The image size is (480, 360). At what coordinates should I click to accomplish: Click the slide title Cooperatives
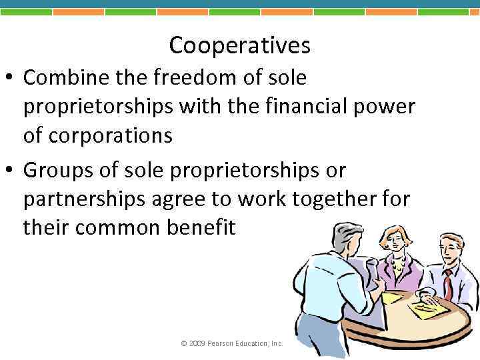coord(240,45)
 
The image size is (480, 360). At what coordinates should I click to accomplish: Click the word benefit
coord(203,228)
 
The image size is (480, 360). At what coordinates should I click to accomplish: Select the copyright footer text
coord(232,343)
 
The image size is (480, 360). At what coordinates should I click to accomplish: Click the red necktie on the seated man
coord(448,283)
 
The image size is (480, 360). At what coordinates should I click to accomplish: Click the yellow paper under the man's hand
coord(427,308)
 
